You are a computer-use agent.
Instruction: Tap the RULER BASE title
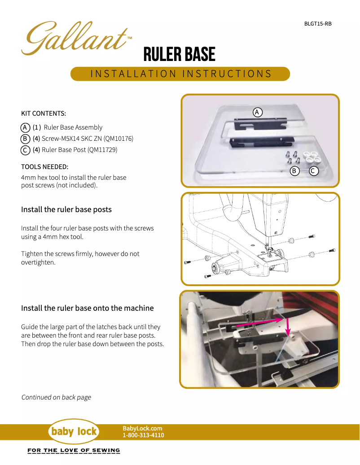(179, 55)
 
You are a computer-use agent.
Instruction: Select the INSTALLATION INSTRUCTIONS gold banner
(180, 74)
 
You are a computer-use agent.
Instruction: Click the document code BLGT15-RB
(318, 24)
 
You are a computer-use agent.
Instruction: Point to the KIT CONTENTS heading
(44, 113)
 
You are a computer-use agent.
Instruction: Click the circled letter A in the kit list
(26, 127)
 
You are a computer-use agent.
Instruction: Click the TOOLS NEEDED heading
(45, 167)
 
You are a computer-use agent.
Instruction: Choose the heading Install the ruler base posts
(66, 209)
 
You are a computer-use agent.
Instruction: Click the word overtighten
(38, 262)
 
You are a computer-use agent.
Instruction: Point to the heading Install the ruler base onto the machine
(88, 308)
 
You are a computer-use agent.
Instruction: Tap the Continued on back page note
(56, 397)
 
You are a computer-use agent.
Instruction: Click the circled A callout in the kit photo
(257, 112)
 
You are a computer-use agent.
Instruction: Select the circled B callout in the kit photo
(294, 171)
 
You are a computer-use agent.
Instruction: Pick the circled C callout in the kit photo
(314, 171)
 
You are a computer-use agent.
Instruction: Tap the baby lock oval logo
(74, 432)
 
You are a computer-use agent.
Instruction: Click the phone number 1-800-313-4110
(143, 435)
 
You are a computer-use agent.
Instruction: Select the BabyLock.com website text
(142, 429)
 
